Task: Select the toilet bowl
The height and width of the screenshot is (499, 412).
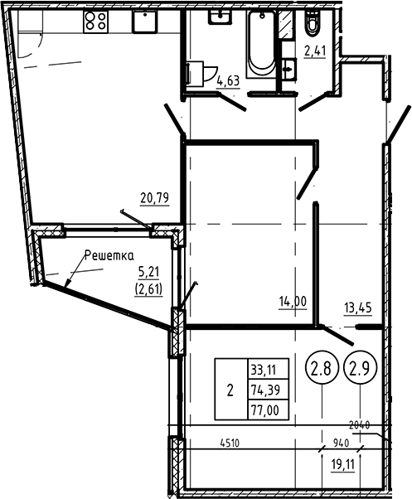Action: coord(313,27)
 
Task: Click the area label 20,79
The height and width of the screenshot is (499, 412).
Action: coord(156,197)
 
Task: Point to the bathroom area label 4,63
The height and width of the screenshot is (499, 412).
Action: coord(227,80)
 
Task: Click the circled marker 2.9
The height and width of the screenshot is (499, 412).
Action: coord(359,366)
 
